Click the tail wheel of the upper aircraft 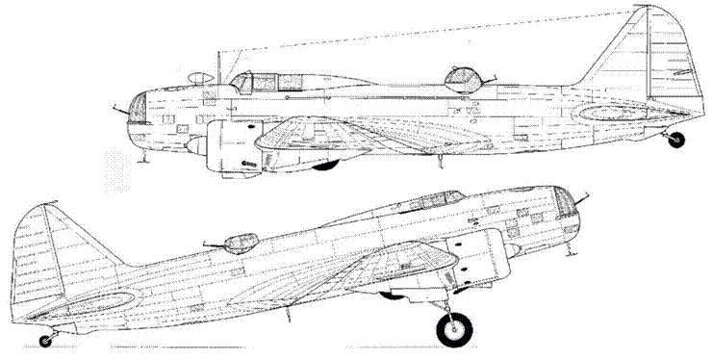[x=676, y=141]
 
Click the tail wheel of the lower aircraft [x=45, y=339]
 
